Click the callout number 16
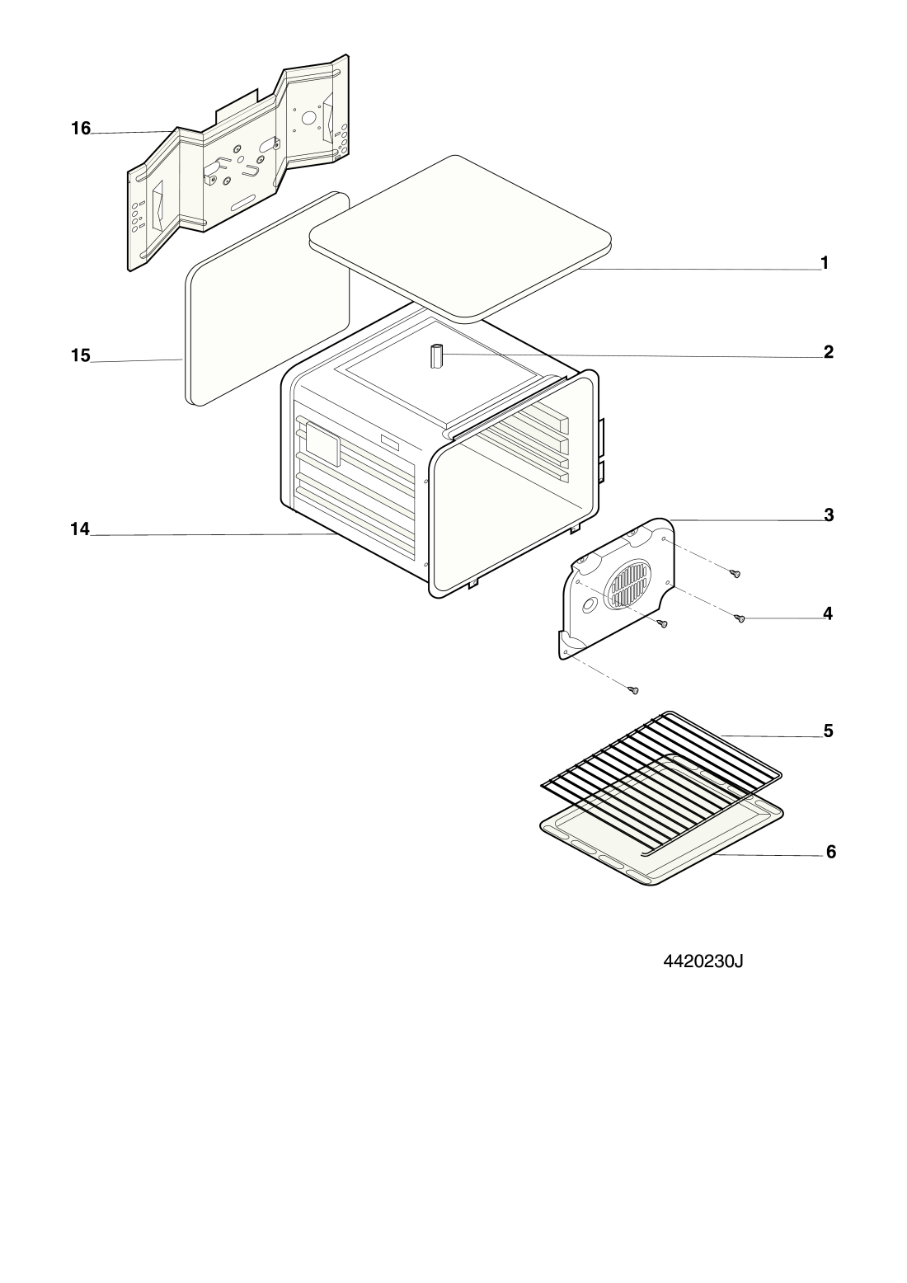point(81,129)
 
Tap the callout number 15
point(81,355)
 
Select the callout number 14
point(80,529)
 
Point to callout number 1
point(825,263)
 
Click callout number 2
point(828,352)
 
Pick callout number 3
point(829,515)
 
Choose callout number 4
point(827,613)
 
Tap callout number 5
point(828,731)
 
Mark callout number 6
point(831,853)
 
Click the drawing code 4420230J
point(703,961)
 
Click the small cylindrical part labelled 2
point(438,357)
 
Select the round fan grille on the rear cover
point(630,585)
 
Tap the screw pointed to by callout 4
point(740,618)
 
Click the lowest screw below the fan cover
point(633,690)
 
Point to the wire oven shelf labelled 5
point(661,783)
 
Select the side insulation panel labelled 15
point(267,299)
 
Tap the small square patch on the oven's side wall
point(323,444)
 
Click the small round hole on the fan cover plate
point(589,605)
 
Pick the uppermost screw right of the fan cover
point(735,573)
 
